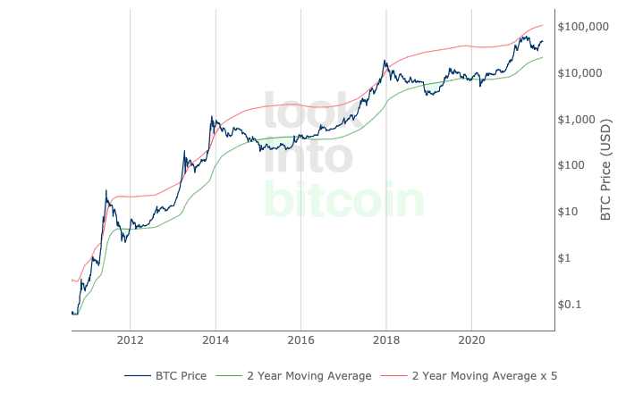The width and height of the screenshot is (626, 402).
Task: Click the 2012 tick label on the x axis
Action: click(x=130, y=340)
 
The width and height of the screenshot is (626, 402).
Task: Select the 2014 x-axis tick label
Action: click(x=215, y=340)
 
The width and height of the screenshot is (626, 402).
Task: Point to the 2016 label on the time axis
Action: click(x=300, y=340)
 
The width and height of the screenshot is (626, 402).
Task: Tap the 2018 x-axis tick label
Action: click(x=385, y=340)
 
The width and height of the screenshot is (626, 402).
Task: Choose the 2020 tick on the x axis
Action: click(x=471, y=340)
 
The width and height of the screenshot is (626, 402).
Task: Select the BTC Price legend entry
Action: click(x=166, y=376)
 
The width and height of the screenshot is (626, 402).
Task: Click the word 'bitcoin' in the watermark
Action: click(x=344, y=202)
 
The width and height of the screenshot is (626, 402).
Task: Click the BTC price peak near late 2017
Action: click(x=385, y=61)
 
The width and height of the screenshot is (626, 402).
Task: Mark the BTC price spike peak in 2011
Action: click(x=106, y=190)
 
